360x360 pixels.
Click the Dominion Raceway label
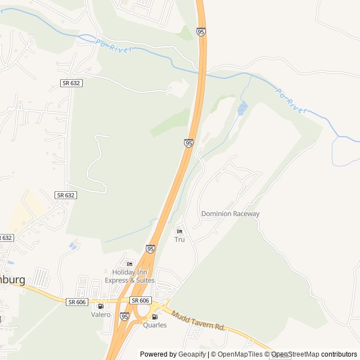tap(231, 214)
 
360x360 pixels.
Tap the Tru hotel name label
tap(179, 240)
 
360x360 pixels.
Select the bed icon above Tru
tap(179, 231)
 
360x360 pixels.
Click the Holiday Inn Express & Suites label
tap(129, 276)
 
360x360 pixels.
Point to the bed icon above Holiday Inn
tap(130, 264)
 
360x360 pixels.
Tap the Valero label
tap(101, 314)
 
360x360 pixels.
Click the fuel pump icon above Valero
tap(101, 306)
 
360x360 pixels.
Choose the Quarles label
tap(155, 325)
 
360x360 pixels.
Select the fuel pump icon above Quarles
tap(155, 317)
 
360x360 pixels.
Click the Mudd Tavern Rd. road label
tap(198, 321)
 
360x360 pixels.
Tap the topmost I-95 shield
tap(201, 32)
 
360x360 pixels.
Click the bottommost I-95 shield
tap(124, 317)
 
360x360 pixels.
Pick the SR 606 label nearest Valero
tap(76, 302)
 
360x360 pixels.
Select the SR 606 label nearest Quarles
tap(140, 300)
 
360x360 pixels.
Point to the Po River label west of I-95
tap(114, 46)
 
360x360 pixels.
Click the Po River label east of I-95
tap(290, 100)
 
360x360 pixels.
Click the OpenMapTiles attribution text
tap(240, 354)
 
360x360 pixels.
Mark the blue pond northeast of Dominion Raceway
tap(242, 107)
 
